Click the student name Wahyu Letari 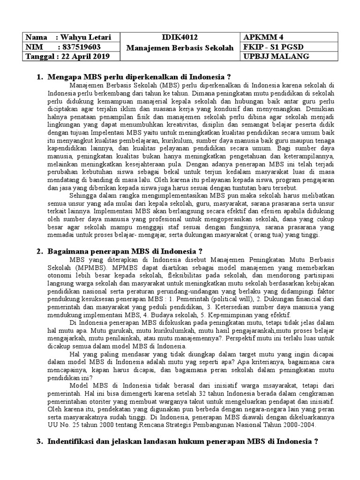[x=82, y=37]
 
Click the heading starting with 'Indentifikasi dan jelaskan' [x=183, y=441]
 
